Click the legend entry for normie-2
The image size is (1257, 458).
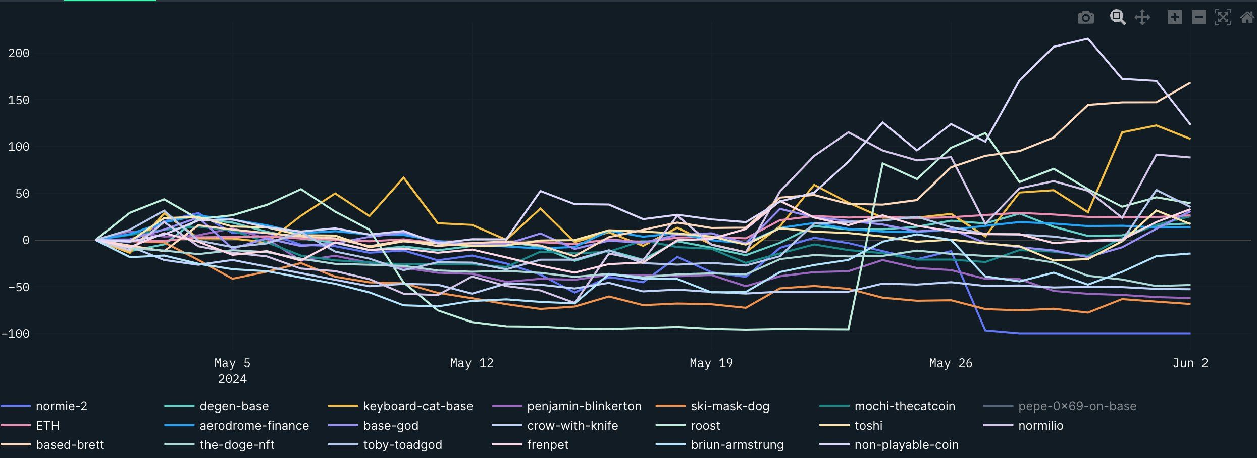(x=61, y=406)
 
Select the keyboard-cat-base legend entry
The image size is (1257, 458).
(x=417, y=406)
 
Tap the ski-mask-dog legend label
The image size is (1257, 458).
(x=729, y=406)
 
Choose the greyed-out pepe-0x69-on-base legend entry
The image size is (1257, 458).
(x=1077, y=406)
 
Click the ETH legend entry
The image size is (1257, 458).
(x=47, y=426)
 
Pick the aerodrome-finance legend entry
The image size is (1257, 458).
(x=254, y=426)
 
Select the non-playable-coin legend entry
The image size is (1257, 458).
(x=906, y=445)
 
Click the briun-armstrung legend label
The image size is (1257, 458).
(x=737, y=445)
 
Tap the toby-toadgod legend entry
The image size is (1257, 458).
(x=402, y=445)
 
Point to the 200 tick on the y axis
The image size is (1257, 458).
(x=19, y=53)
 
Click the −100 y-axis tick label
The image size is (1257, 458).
(x=16, y=334)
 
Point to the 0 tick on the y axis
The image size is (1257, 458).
(x=25, y=240)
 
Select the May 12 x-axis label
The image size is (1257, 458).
(x=472, y=363)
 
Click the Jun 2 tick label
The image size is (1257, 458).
(x=1190, y=363)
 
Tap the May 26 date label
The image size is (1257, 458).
(x=951, y=363)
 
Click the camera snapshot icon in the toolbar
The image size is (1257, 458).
(x=1085, y=18)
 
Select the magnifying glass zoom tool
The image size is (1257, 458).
(x=1117, y=17)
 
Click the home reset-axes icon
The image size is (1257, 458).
(x=1247, y=18)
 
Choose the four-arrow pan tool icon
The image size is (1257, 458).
(x=1142, y=18)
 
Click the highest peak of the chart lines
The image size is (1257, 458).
(x=1087, y=39)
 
